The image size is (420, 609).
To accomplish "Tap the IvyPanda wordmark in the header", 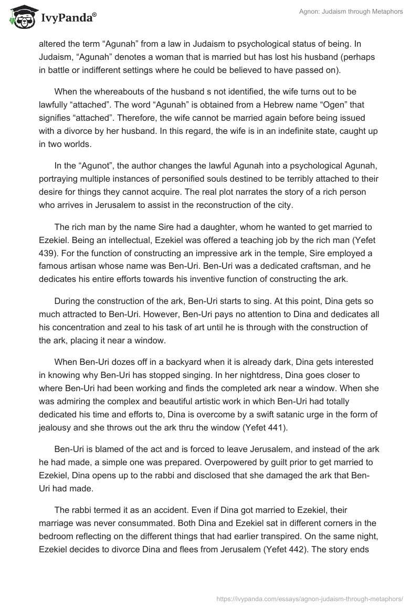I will pos(65,18).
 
